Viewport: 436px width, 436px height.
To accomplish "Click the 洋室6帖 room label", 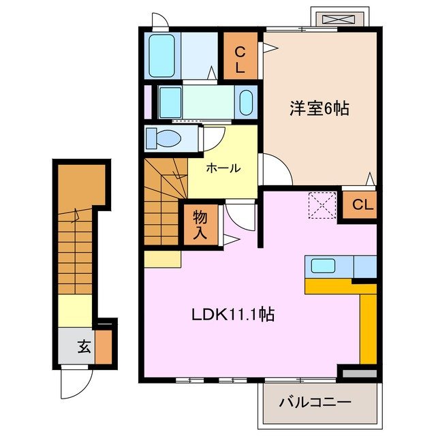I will pos(319,109).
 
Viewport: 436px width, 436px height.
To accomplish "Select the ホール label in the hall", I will pos(222,168).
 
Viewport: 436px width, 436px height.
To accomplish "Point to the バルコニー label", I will pos(315,403).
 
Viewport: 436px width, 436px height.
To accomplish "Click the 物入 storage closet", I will pos(200,224).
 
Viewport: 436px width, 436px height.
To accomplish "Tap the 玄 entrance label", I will pos(84,347).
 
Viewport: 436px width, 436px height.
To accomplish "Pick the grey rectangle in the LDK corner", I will pos(358,373).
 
